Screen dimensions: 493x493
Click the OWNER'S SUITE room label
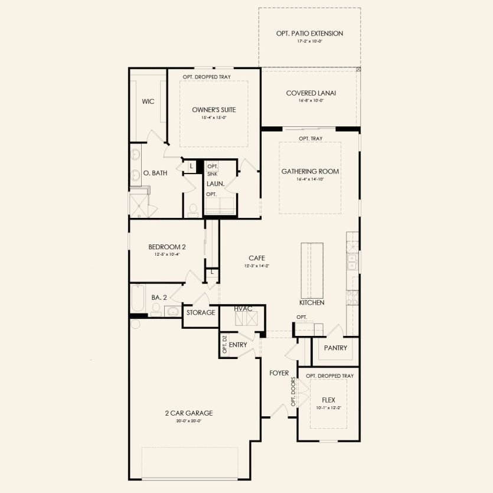[x=214, y=110]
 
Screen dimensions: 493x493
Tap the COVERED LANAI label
[x=311, y=93]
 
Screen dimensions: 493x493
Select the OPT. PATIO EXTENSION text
[x=309, y=34]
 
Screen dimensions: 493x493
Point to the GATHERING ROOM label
[x=310, y=171]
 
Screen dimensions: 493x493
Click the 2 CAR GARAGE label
[x=189, y=413]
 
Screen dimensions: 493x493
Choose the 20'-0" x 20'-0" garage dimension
[x=189, y=421]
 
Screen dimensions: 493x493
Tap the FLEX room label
[x=328, y=400]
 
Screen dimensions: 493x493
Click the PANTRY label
[x=336, y=348]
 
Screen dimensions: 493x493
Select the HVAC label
[x=243, y=309]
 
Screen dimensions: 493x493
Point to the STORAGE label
[x=201, y=312]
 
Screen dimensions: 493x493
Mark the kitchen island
[x=312, y=270]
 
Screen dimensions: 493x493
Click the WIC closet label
[x=148, y=102]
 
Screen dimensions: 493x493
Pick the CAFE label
[x=256, y=258]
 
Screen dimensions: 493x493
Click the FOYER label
[x=279, y=373]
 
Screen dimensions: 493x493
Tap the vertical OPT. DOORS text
[x=293, y=393]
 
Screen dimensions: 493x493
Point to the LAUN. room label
[x=214, y=184]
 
